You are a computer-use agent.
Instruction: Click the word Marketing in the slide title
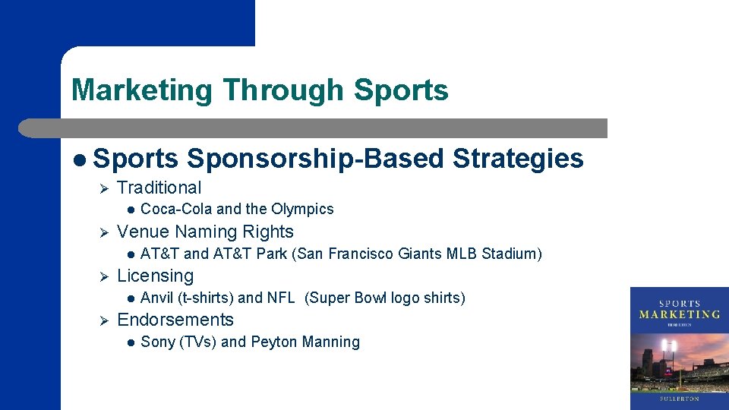coord(142,90)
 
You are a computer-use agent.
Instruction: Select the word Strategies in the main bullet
coord(518,159)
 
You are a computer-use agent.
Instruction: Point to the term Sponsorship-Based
coord(315,159)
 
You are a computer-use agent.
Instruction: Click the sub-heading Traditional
coord(159,188)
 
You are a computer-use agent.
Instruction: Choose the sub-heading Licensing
coord(156,276)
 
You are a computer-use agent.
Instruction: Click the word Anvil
coord(157,298)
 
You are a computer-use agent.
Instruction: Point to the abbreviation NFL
coord(280,298)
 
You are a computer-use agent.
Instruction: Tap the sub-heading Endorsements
coord(175,320)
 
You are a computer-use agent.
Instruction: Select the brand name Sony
coord(158,342)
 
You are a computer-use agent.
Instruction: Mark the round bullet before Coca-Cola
coord(131,210)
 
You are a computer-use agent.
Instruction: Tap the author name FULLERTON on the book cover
coord(679,397)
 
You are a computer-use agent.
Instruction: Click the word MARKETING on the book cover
coord(679,314)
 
